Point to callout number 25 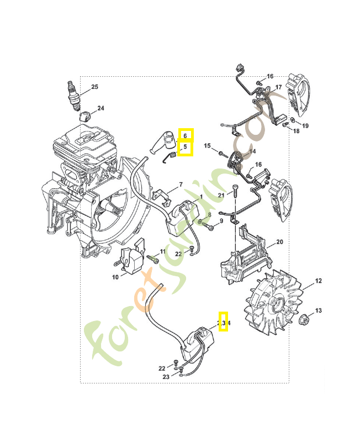tap(94, 87)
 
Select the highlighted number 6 tap(186, 135)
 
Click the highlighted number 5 tap(186, 148)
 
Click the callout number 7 tap(180, 185)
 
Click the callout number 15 tap(208, 146)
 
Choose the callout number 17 tap(279, 87)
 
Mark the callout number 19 tap(305, 126)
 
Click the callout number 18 tap(296, 131)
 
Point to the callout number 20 tap(279, 242)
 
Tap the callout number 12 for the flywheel tap(319, 282)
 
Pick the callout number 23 tap(166, 377)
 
